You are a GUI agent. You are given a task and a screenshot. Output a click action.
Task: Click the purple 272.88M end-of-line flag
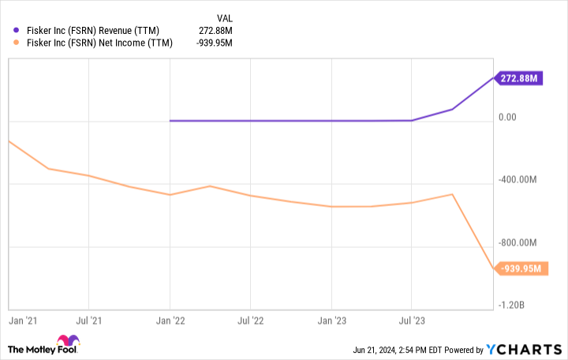point(519,78)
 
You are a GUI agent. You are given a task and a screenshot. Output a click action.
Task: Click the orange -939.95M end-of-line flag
point(521,268)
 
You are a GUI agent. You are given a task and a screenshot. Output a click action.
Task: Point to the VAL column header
point(225,17)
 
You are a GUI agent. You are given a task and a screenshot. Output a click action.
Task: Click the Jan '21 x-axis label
point(22,321)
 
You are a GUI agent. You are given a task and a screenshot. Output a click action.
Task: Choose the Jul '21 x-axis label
point(88,321)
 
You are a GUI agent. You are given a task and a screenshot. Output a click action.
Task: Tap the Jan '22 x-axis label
point(170,321)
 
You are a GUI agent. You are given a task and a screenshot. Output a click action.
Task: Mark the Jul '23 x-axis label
point(411,321)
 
